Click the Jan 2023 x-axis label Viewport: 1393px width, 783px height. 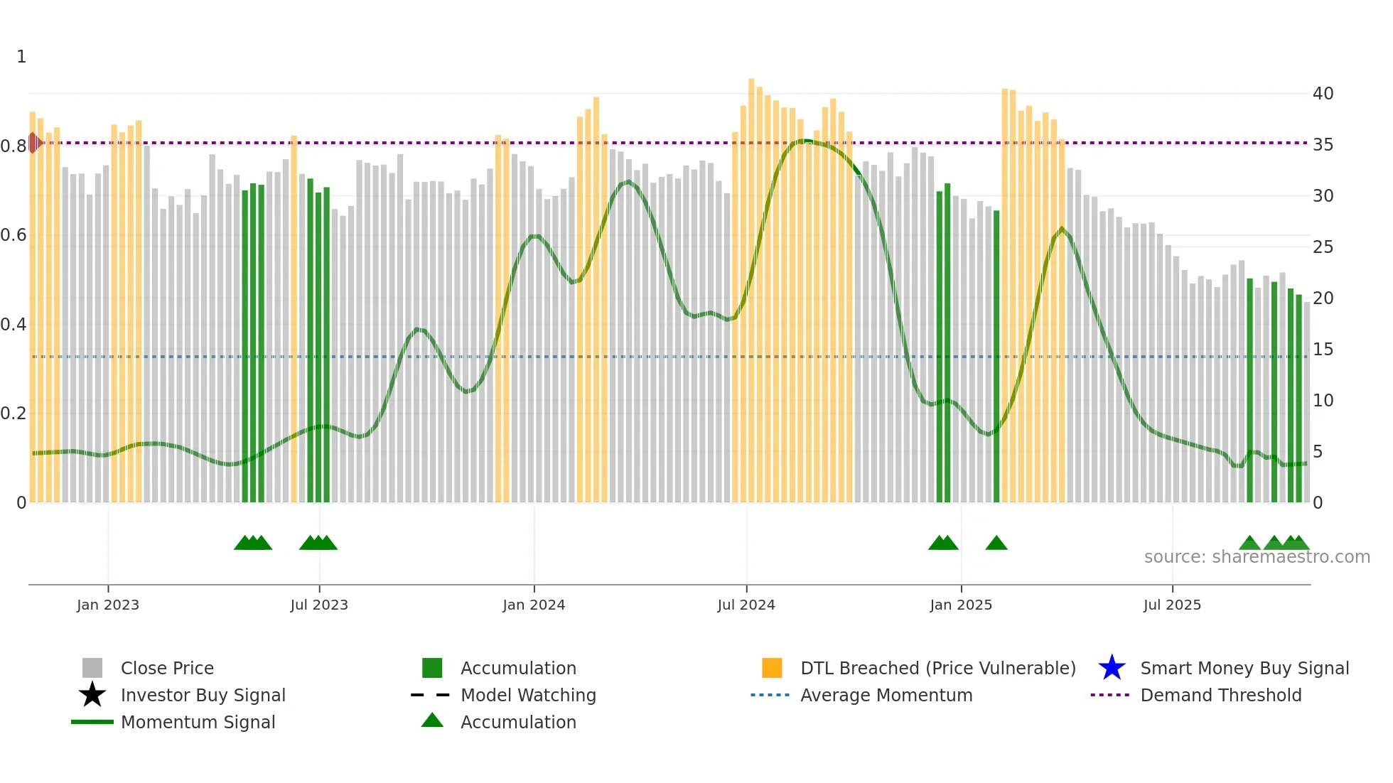(x=108, y=605)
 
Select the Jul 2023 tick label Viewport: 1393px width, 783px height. (x=319, y=605)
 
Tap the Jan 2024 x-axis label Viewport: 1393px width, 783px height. (x=534, y=605)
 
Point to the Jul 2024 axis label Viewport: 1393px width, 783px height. (x=746, y=605)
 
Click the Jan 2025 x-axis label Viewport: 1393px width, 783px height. (x=961, y=605)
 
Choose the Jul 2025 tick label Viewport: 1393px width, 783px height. (x=1172, y=605)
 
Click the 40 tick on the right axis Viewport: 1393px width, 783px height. (x=1323, y=94)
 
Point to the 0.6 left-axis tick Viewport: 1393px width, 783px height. (x=14, y=235)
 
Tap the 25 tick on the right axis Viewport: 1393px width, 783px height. (x=1323, y=247)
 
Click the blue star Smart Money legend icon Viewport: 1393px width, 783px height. (x=1112, y=668)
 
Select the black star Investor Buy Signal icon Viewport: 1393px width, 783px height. (x=92, y=695)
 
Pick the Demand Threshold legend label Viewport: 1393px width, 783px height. (x=1220, y=695)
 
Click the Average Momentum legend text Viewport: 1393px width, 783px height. (x=886, y=695)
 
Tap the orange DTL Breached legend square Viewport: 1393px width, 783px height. (x=772, y=668)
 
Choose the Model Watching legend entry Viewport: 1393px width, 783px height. (x=528, y=695)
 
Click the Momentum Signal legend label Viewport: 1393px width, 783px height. (x=198, y=722)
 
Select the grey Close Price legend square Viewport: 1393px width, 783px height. (x=92, y=668)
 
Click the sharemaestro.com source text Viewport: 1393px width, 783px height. (x=1257, y=557)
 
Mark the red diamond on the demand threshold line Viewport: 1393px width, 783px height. (x=33, y=143)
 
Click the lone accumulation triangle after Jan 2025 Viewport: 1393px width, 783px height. (x=996, y=544)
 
